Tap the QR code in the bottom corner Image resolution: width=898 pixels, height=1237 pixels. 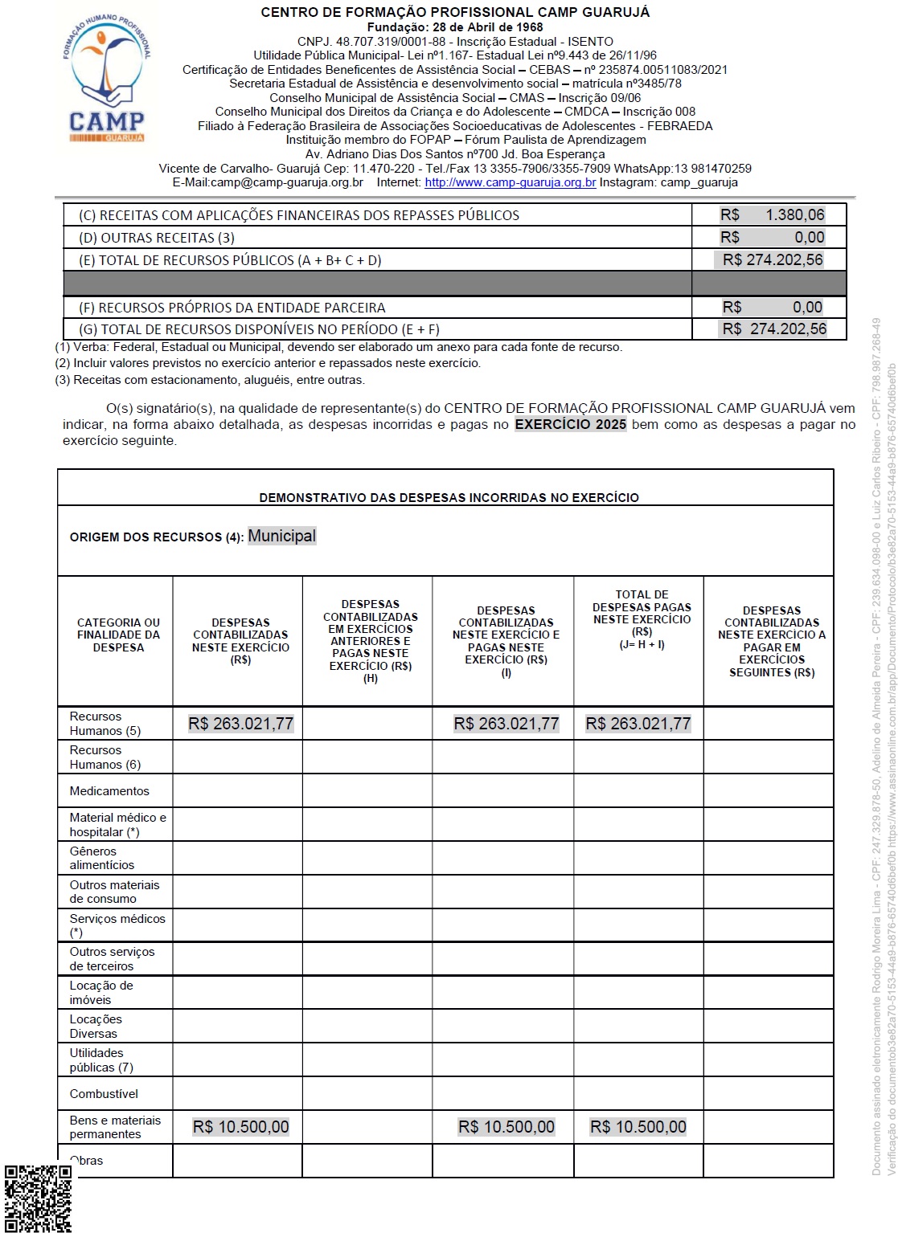[x=38, y=1198]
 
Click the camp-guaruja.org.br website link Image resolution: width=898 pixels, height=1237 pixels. [x=510, y=182]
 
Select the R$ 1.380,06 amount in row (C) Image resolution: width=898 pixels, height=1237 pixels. [x=772, y=214]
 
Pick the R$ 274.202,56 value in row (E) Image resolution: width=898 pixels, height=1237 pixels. [x=772, y=259]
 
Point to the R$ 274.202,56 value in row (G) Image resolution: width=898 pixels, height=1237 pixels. [x=773, y=329]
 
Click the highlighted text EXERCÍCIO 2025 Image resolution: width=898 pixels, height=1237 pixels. [x=570, y=424]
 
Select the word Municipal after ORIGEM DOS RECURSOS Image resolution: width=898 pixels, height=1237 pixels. [x=281, y=536]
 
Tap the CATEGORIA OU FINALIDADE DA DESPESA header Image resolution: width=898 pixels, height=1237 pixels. [x=118, y=635]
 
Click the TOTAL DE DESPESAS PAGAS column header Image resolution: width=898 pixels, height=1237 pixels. [x=642, y=618]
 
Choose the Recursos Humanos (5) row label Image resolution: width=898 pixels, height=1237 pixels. [x=105, y=723]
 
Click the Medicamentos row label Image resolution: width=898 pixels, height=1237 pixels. [x=109, y=791]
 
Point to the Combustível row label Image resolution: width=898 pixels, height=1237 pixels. [x=104, y=1094]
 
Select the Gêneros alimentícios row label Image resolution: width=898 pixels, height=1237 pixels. [x=102, y=858]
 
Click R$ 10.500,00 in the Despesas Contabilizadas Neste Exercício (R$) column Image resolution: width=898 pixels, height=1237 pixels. [x=240, y=1127]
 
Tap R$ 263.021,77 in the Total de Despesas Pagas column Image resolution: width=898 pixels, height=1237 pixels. [x=638, y=724]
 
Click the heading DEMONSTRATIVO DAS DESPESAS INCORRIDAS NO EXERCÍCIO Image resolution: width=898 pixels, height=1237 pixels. [x=449, y=498]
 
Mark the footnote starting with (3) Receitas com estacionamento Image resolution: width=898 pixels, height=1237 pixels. [x=210, y=380]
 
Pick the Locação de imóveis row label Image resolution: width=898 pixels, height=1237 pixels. [x=101, y=993]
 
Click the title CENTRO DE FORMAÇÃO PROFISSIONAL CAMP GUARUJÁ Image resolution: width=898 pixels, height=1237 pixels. [x=455, y=12]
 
